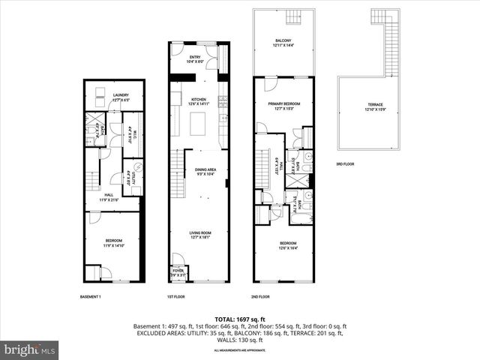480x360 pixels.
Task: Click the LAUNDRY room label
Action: click(111, 94)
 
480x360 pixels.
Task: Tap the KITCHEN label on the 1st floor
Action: click(198, 100)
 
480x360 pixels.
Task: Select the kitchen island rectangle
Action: click(198, 123)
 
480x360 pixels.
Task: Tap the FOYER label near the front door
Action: click(178, 271)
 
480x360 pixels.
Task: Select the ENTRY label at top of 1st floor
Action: click(195, 57)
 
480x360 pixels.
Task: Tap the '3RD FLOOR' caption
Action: click(345, 163)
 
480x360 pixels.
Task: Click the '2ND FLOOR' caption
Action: click(262, 297)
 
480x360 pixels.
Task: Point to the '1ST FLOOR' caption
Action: click(176, 297)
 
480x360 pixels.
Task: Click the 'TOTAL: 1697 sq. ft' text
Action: click(239, 319)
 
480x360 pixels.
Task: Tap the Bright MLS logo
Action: click(30, 349)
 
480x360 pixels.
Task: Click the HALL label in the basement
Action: click(109, 196)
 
